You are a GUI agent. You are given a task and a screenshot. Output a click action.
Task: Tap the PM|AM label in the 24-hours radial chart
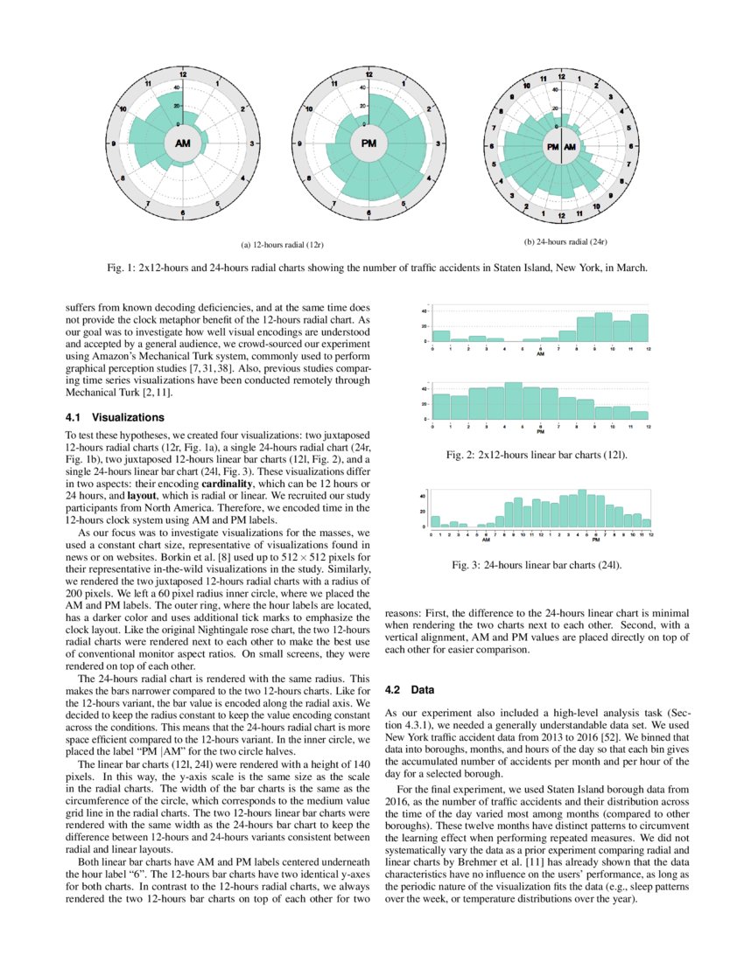[x=560, y=147]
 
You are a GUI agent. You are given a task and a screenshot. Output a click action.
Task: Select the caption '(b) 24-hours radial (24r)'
[x=565, y=240]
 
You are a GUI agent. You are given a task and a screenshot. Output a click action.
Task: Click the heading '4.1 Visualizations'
[x=102, y=417]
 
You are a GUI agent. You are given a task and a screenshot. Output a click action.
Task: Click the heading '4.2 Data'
[x=410, y=690]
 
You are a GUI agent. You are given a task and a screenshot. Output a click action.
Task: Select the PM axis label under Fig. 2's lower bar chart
[x=540, y=432]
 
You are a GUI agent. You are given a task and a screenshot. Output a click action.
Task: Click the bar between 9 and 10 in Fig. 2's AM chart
[x=603, y=327]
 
